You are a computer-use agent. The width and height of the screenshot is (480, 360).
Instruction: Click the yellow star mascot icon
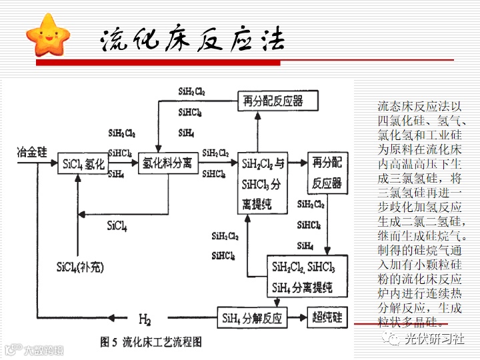pos(45,36)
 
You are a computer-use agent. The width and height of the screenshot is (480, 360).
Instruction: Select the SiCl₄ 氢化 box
pos(83,163)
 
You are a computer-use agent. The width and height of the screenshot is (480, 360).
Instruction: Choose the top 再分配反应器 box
pos(273,101)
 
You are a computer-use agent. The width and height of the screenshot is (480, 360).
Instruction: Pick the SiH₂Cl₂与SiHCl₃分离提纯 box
pos(263,183)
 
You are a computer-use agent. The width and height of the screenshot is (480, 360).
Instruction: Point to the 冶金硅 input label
pos(32,153)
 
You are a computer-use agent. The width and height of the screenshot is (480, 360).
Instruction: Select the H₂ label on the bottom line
pos(145,318)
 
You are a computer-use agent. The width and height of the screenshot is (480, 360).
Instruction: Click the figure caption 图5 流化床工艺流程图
pos(151,342)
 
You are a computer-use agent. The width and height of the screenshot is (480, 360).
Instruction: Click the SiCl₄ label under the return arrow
pos(117,226)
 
